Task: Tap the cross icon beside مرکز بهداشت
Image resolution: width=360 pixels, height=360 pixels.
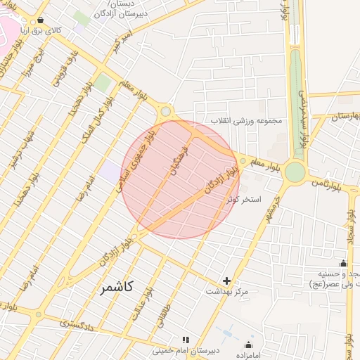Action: point(226,281)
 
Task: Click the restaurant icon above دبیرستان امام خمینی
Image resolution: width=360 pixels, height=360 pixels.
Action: point(186,340)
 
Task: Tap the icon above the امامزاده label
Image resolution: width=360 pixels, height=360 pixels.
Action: point(248,345)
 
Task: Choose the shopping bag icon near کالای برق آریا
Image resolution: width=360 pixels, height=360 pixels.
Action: point(40,20)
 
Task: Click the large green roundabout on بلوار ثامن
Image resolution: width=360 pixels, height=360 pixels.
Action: point(295,171)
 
